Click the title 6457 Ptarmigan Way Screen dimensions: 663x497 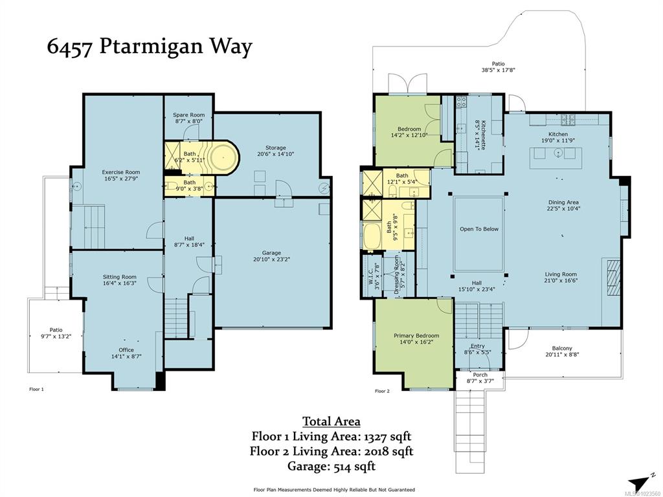pos(150,46)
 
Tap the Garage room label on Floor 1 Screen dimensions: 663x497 pos(271,256)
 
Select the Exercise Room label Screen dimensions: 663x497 pos(120,175)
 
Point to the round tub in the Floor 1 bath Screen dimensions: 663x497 pos(223,157)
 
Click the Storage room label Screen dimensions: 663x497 pos(275,151)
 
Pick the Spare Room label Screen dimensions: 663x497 pos(188,118)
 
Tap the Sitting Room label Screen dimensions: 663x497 pos(120,280)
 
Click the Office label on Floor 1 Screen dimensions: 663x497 pos(126,353)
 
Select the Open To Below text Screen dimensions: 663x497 pos(479,229)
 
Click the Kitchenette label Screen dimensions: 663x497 pos(480,135)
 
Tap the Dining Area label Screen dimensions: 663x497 pos(563,205)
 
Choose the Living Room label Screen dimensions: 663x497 pos(561,277)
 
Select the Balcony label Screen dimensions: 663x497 pos(562,351)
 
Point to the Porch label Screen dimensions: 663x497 pos(480,377)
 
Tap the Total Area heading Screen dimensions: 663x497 pos(331,421)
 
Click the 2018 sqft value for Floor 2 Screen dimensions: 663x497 pos(388,451)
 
